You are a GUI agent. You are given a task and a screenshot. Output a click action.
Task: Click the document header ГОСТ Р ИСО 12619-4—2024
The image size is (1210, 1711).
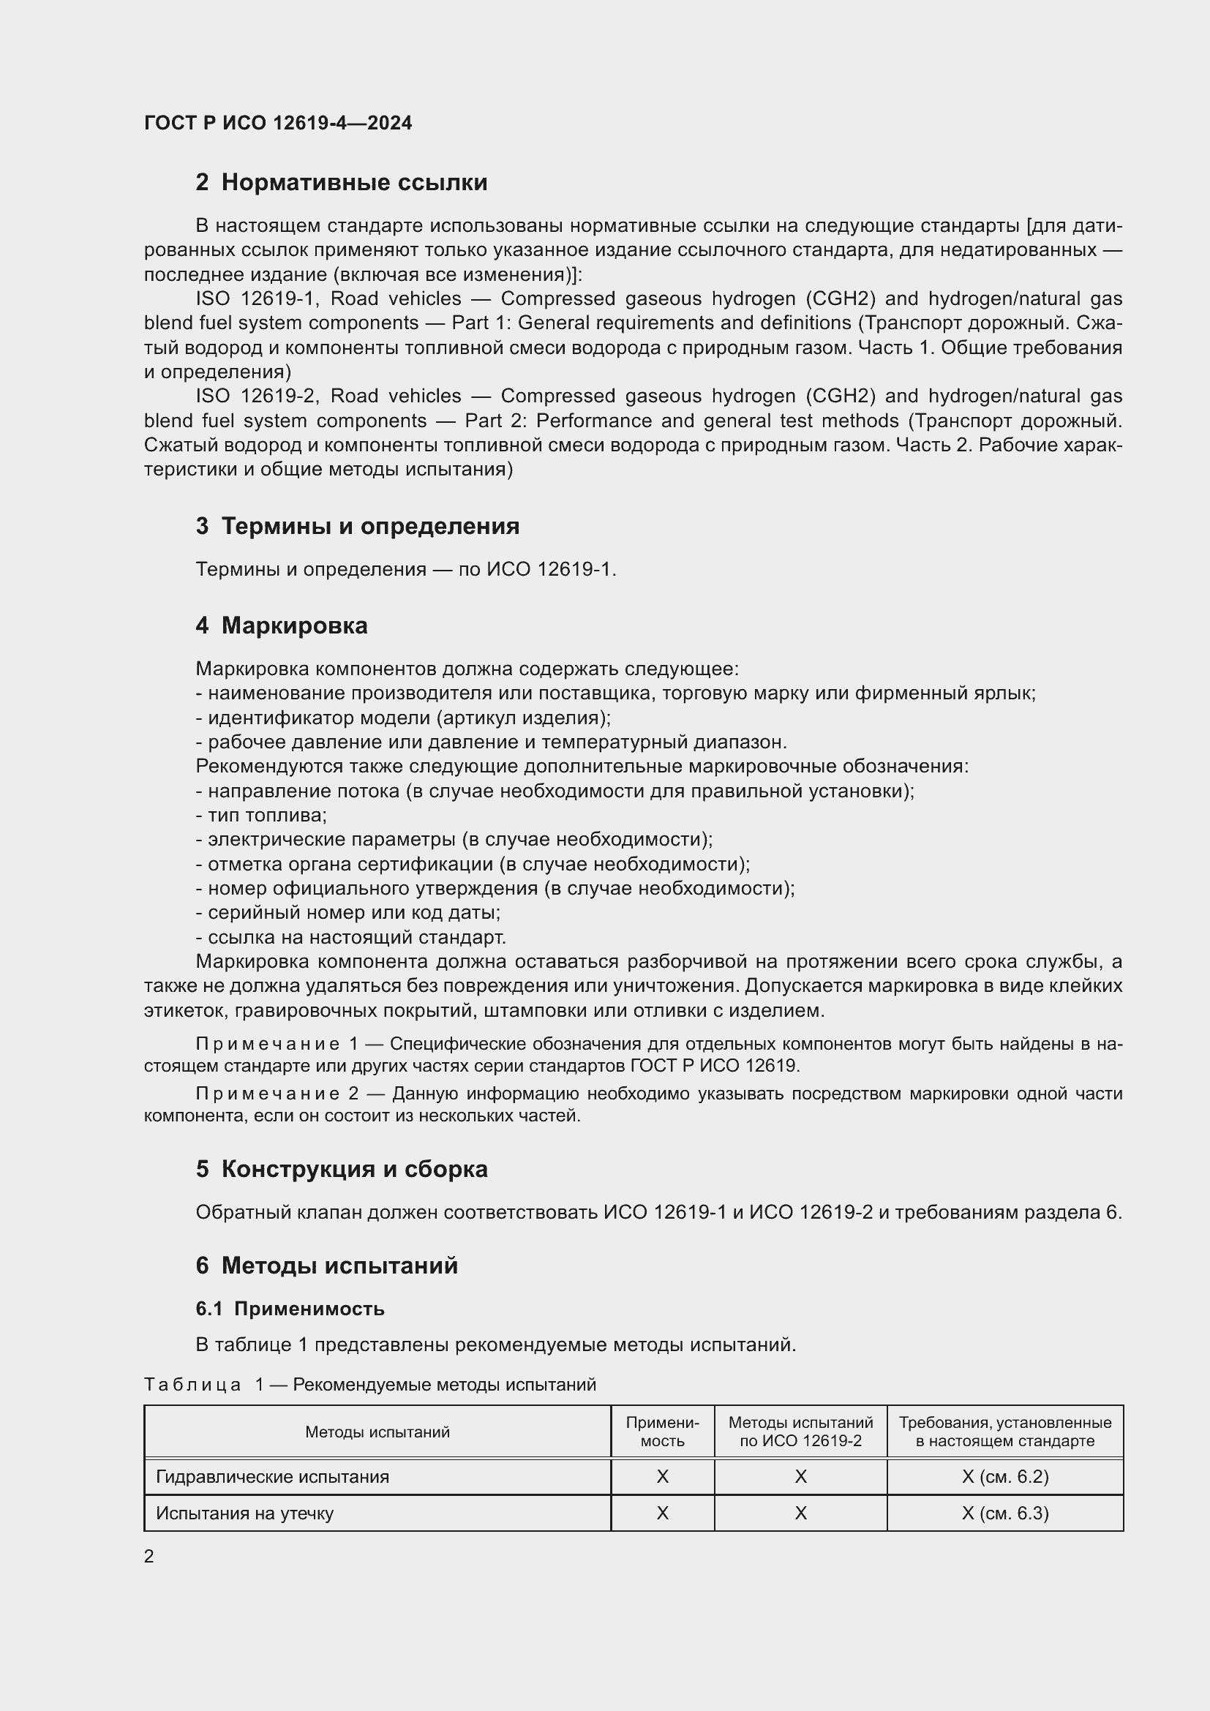[278, 123]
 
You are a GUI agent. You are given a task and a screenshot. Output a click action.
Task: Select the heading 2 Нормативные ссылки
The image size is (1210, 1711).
[341, 183]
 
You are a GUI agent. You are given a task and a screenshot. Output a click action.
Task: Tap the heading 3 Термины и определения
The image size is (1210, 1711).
[358, 526]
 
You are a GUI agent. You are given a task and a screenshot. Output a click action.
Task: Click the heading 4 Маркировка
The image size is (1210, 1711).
[282, 625]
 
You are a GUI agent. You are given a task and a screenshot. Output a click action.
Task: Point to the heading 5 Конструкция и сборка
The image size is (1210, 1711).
[341, 1169]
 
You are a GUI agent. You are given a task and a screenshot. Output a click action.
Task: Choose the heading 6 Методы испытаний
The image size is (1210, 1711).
[326, 1266]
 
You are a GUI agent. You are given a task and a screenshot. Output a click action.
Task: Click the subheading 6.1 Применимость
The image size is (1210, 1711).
[290, 1309]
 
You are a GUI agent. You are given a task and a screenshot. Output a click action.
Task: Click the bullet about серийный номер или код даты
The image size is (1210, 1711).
[348, 912]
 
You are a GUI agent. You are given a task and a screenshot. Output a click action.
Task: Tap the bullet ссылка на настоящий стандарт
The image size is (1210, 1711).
[351, 937]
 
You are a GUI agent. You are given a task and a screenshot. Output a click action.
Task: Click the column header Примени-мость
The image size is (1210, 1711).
[662, 1432]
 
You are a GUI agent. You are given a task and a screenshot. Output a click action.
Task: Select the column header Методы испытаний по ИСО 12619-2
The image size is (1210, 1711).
[800, 1432]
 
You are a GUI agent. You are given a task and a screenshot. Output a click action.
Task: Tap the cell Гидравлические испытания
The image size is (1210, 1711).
[272, 1476]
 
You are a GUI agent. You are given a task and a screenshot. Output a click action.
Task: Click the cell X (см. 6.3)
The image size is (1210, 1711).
[1005, 1513]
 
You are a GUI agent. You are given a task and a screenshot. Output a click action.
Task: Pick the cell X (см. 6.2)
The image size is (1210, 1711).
[1005, 1476]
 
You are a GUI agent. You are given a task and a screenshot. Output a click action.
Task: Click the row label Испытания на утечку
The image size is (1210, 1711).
[244, 1513]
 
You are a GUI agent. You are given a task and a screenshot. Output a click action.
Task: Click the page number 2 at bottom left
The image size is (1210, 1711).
[149, 1556]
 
